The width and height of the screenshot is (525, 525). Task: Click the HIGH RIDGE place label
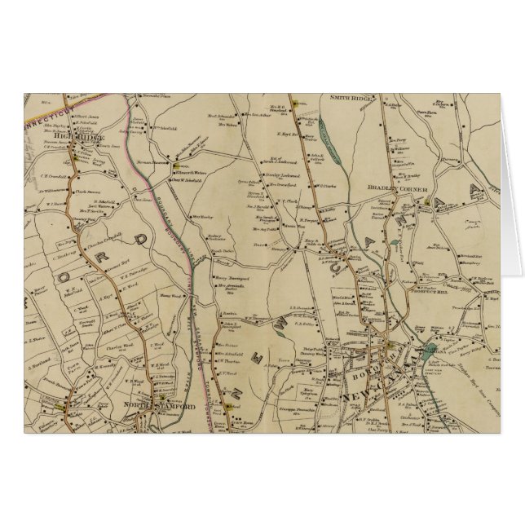[83, 138]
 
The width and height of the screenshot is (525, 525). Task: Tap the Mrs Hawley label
[202, 217]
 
